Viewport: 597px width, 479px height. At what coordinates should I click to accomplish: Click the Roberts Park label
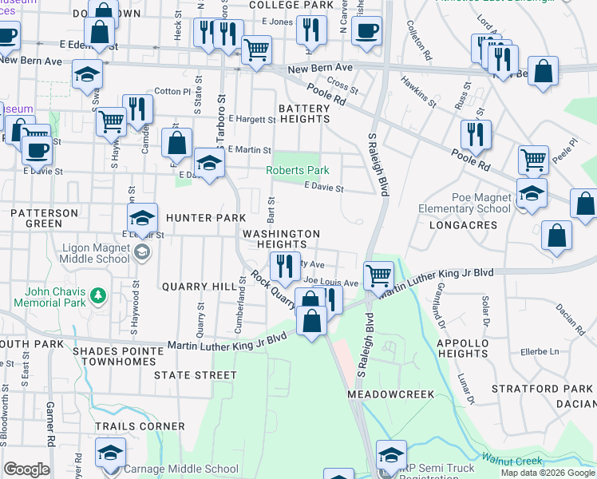coord(298,170)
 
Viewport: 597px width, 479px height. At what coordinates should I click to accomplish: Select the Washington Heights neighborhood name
coord(281,239)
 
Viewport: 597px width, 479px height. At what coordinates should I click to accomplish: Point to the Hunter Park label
coord(200,218)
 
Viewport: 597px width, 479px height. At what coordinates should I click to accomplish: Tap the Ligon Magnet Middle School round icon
coord(142,253)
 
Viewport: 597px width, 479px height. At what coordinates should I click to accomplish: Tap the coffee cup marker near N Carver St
coord(366,31)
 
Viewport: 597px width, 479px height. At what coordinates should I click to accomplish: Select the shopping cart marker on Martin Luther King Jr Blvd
coord(378,276)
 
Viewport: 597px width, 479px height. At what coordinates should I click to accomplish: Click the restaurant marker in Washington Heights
coord(285,265)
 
